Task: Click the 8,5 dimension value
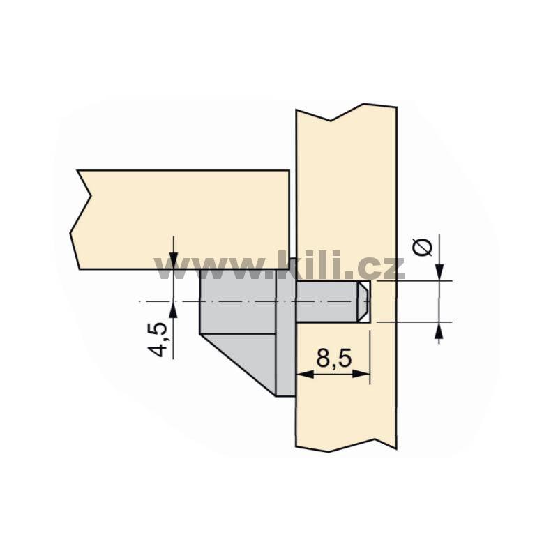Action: pyautogui.click(x=334, y=358)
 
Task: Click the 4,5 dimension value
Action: pyautogui.click(x=158, y=340)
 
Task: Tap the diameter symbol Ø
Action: pyautogui.click(x=423, y=248)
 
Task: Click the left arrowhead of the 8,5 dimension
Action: pyautogui.click(x=305, y=374)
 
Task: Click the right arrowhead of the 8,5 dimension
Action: pyautogui.click(x=361, y=374)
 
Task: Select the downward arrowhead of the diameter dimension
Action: pyautogui.click(x=440, y=272)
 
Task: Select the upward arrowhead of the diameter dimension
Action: pyautogui.click(x=440, y=330)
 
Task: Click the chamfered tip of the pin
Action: pyautogui.click(x=363, y=302)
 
